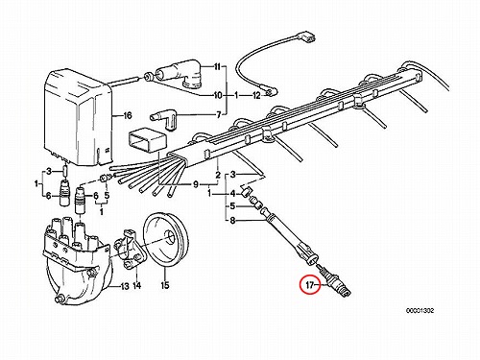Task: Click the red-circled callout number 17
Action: click(x=310, y=285)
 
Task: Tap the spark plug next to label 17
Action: click(x=337, y=282)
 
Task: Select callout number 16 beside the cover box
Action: click(x=128, y=115)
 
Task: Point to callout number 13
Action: click(x=125, y=286)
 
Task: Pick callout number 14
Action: click(x=136, y=285)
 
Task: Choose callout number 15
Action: click(x=165, y=285)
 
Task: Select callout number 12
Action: click(x=256, y=95)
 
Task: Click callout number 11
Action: click(x=218, y=67)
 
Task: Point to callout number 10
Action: click(x=218, y=95)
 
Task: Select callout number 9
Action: click(x=196, y=184)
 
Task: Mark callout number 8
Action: click(x=233, y=221)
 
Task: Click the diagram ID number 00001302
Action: click(x=420, y=310)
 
